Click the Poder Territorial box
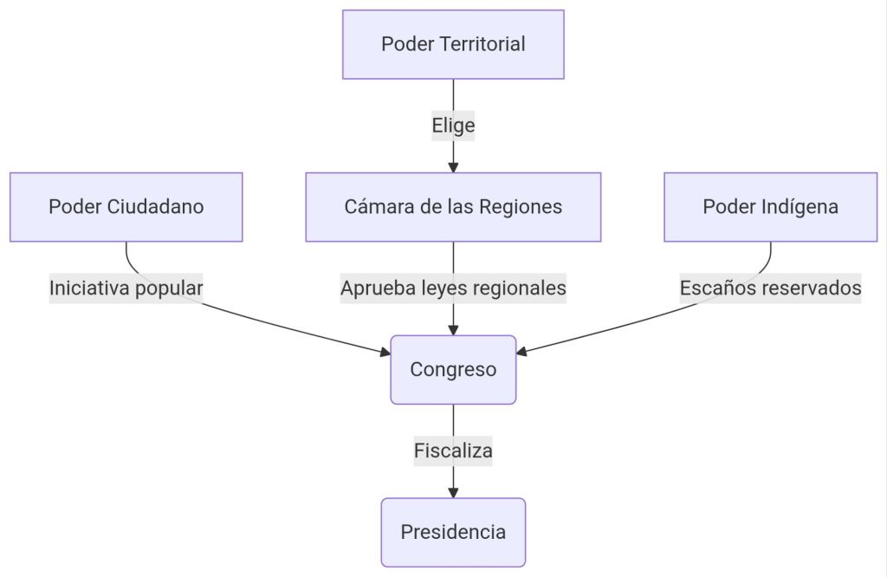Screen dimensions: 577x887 (453, 44)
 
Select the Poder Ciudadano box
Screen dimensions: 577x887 (126, 207)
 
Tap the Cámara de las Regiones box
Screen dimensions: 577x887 (453, 207)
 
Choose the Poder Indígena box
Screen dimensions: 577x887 (770, 207)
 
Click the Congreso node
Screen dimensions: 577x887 (453, 370)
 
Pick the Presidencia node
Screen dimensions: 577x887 (453, 532)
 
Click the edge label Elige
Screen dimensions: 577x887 (453, 126)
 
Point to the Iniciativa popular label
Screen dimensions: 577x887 (126, 288)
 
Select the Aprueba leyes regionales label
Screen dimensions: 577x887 (453, 288)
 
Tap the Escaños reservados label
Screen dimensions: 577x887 (770, 288)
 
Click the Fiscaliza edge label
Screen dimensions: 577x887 (453, 451)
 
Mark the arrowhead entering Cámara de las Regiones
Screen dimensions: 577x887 (453, 167)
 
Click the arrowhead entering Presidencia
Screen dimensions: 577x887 (453, 492)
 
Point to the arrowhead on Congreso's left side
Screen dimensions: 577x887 (385, 352)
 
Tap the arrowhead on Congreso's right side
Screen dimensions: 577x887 (521, 352)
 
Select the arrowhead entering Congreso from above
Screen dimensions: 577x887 (453, 330)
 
